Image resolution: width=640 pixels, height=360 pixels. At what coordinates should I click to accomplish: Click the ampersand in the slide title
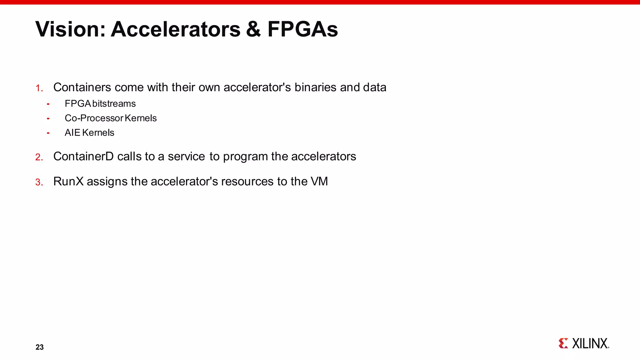pos(253,29)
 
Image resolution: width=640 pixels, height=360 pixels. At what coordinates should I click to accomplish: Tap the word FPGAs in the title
pos(302,29)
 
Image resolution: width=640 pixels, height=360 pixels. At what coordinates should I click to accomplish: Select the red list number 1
pos(39,88)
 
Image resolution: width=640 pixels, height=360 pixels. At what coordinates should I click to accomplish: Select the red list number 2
pos(39,157)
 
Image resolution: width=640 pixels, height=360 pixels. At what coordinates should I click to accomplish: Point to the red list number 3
pos(39,182)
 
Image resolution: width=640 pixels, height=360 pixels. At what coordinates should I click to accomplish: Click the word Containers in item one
pos(82,87)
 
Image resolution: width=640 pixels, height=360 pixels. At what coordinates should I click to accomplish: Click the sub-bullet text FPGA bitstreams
pos(100,103)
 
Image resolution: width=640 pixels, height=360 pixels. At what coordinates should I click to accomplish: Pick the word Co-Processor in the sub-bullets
pos(94,118)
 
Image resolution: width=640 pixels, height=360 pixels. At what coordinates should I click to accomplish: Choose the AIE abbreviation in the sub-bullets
pos(72,132)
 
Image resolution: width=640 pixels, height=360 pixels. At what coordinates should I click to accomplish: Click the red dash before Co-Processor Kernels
pos(48,118)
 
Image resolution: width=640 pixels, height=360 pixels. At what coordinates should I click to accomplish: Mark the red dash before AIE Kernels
pos(48,133)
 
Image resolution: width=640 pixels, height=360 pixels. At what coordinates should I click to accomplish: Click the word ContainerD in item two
pos(83,156)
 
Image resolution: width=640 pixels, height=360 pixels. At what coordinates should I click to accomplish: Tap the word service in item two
pos(186,156)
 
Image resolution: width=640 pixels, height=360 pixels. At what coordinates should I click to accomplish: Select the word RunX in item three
pos(68,181)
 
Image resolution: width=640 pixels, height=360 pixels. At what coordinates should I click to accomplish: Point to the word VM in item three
pos(319,181)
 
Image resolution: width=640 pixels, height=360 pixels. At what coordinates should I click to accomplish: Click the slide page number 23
pos(40,347)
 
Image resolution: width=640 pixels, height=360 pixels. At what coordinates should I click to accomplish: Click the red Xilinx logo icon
pos(563,343)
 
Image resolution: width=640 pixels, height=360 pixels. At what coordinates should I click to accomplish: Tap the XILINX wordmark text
pos(590,343)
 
